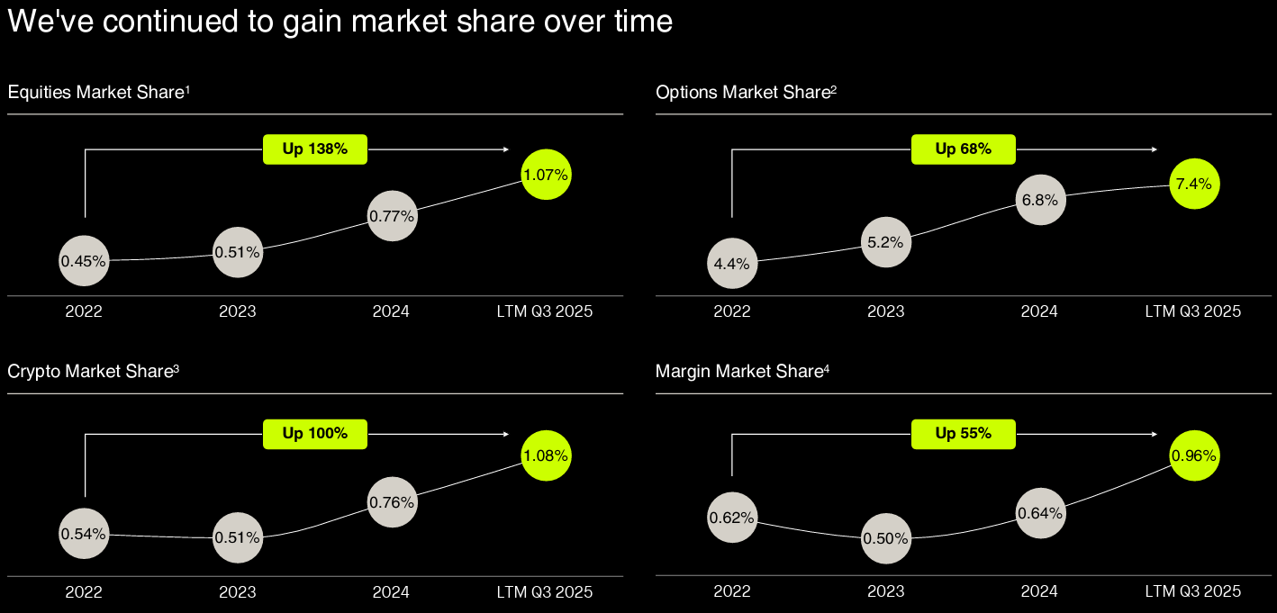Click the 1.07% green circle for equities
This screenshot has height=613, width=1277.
[x=546, y=176]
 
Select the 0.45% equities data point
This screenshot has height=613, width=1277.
[x=84, y=262]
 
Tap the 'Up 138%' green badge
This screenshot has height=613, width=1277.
[x=315, y=149]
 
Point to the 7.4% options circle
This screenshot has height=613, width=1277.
[x=1193, y=185]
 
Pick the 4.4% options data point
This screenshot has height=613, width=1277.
[x=732, y=265]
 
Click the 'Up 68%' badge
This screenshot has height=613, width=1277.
[x=964, y=149]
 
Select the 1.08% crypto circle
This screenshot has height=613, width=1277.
[x=546, y=456]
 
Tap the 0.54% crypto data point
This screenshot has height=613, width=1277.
[x=84, y=535]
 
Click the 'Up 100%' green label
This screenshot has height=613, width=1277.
[x=315, y=434]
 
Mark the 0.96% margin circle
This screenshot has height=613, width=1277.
[x=1193, y=456]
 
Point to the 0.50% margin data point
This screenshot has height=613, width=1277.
[x=886, y=538]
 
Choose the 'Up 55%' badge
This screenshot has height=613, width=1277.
[x=964, y=434]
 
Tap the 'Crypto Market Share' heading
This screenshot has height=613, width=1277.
[x=92, y=372]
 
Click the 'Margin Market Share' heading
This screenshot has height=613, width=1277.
[x=741, y=372]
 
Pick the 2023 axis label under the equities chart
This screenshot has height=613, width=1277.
[x=237, y=311]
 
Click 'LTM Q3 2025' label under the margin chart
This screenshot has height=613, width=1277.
[x=1192, y=591]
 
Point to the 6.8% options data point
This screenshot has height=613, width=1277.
[x=1040, y=200]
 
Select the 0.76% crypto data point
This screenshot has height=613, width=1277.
[x=392, y=502]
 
